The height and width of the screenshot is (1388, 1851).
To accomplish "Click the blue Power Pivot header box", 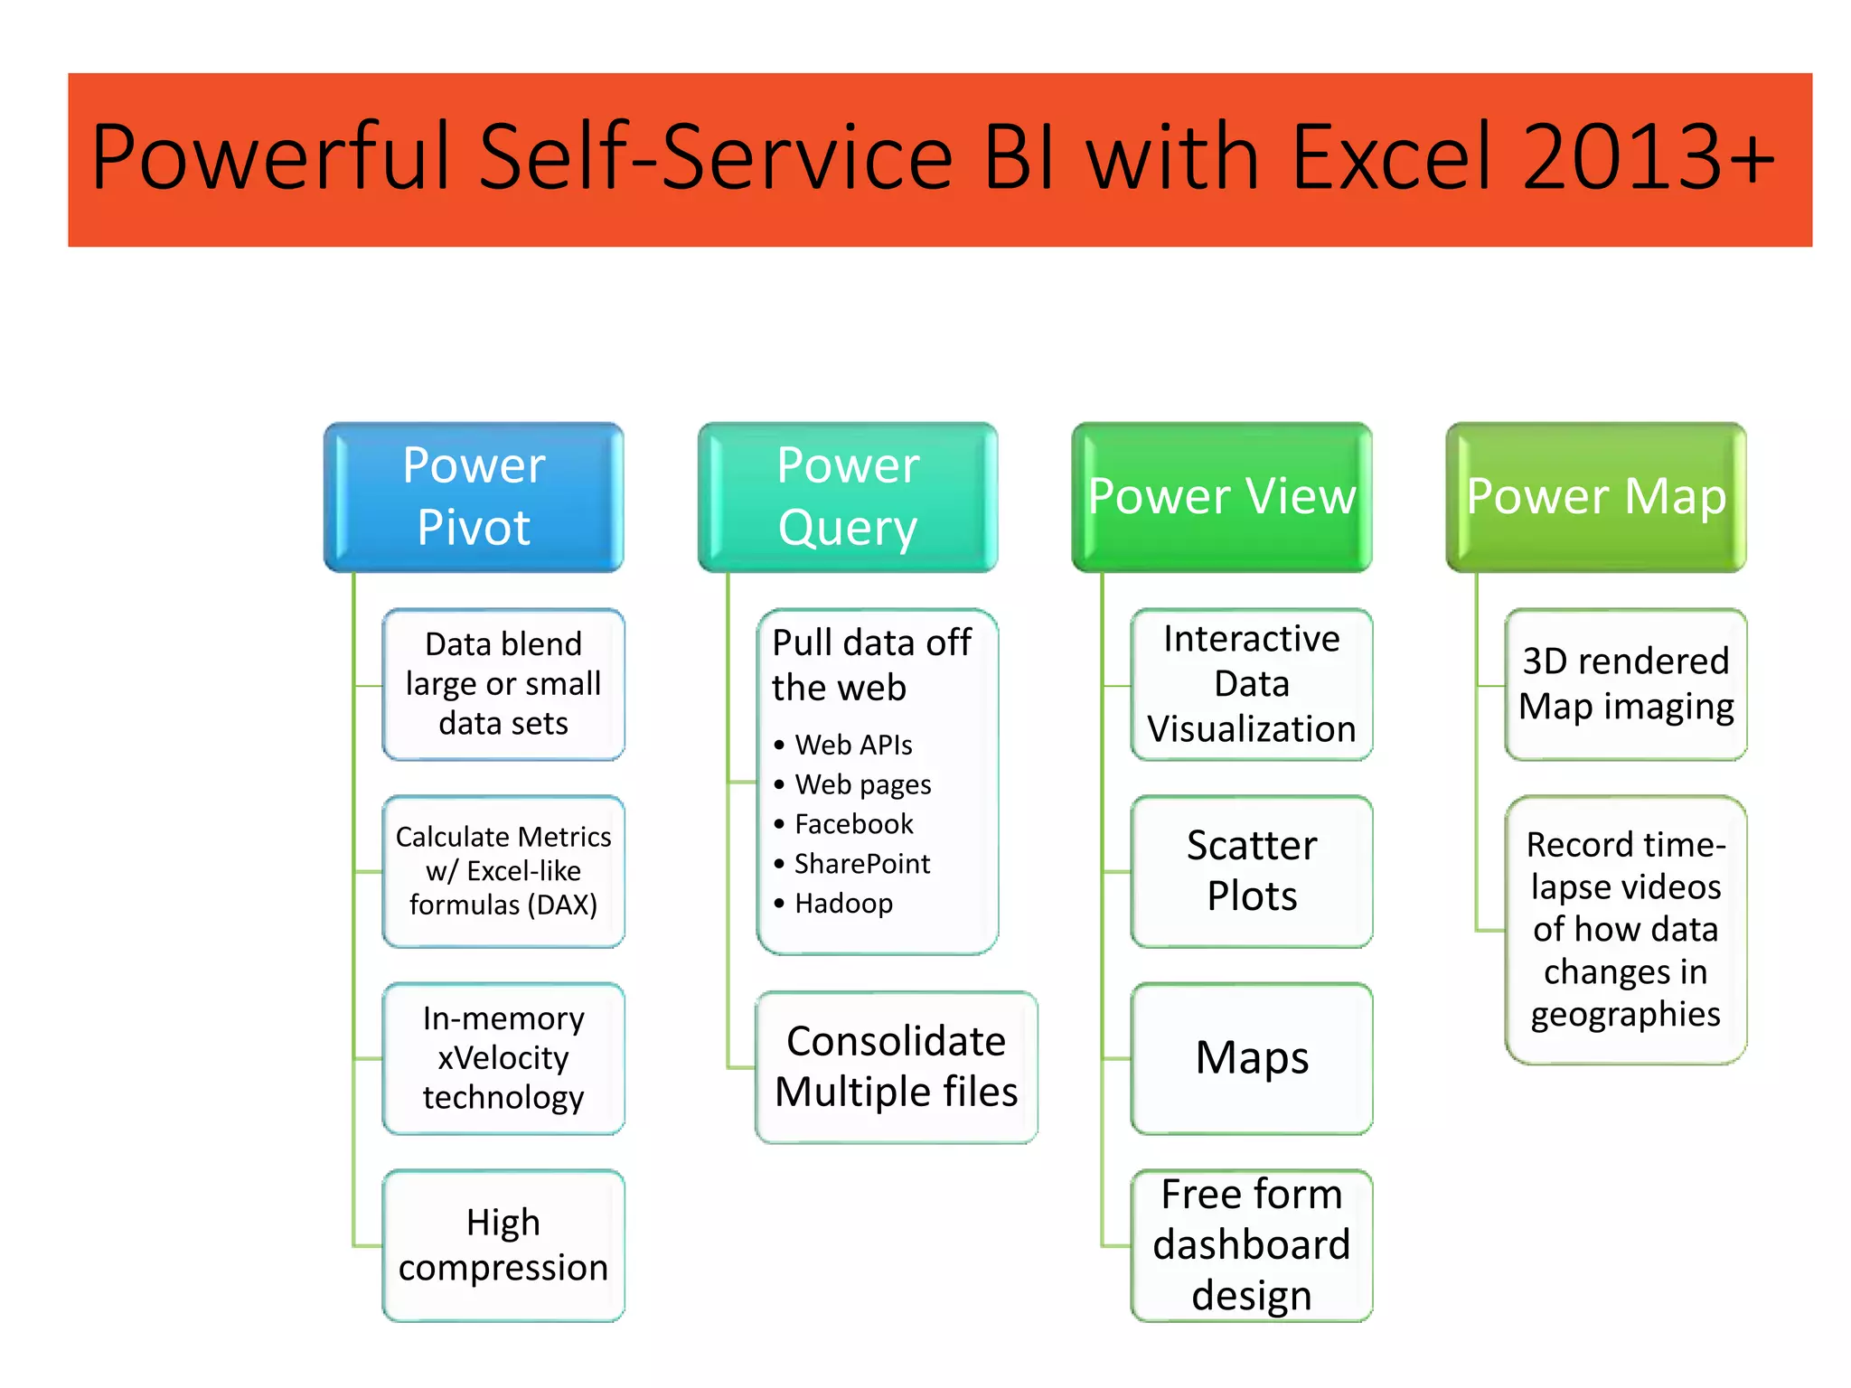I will click(x=474, y=496).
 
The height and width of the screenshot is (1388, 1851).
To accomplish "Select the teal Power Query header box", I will click(x=848, y=496).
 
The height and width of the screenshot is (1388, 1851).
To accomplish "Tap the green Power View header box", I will click(x=1222, y=496).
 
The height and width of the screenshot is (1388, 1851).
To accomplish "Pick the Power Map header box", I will click(x=1596, y=496).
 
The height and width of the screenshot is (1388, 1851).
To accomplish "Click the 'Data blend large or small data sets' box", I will click(x=503, y=684).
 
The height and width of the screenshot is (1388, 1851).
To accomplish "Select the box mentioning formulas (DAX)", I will click(x=503, y=871).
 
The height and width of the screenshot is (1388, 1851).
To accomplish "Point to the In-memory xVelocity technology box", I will click(x=503, y=1058).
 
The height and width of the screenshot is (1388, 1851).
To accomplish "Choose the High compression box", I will click(x=503, y=1245).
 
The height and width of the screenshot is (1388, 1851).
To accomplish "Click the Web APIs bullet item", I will click(x=853, y=745).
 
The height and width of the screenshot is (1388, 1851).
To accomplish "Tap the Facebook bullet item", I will click(x=853, y=824).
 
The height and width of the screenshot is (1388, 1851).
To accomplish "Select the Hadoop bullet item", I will click(x=843, y=904).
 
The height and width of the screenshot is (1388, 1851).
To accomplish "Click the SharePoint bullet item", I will click(x=861, y=864).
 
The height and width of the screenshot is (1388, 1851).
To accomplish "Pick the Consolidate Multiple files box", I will click(x=896, y=1067).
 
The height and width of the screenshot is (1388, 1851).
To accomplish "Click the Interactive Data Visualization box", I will click(x=1252, y=684).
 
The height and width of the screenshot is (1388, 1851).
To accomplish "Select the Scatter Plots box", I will click(x=1252, y=871).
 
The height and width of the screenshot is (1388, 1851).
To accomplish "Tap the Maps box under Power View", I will click(x=1252, y=1058).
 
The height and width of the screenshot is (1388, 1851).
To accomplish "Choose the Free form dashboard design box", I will click(x=1252, y=1245).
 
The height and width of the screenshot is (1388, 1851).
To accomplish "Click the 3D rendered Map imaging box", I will click(x=1626, y=684).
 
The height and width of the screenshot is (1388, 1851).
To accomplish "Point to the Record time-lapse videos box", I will click(x=1626, y=930).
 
